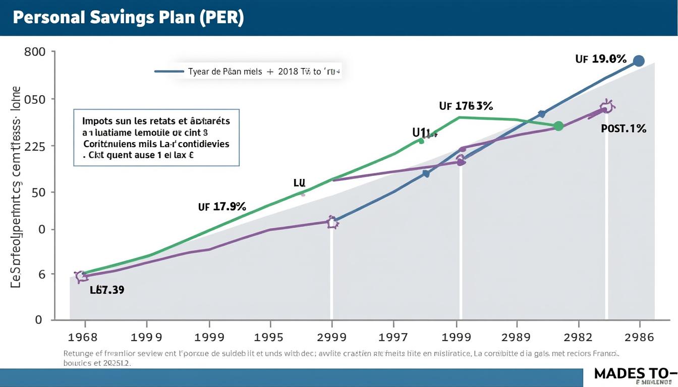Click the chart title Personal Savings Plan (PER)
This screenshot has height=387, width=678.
click(128, 18)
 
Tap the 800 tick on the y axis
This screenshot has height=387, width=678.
click(35, 52)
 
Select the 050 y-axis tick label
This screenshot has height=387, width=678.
click(35, 99)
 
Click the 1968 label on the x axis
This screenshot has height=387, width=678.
click(83, 337)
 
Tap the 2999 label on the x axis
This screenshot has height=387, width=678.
click(331, 337)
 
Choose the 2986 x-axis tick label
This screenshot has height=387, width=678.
click(639, 337)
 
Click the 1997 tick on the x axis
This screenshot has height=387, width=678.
click(393, 337)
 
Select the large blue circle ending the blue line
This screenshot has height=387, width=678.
click(638, 61)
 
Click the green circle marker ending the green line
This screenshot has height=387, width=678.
click(558, 126)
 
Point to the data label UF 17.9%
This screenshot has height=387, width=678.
click(222, 206)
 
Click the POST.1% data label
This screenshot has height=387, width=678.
click(624, 128)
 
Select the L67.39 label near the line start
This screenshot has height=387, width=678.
click(107, 290)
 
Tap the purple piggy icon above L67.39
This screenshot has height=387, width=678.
click(81, 276)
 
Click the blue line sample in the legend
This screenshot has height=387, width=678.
click(168, 72)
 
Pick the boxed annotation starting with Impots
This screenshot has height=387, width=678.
click(156, 138)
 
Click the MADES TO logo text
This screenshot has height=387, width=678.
click(634, 374)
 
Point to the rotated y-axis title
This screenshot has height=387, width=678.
click(16, 186)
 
